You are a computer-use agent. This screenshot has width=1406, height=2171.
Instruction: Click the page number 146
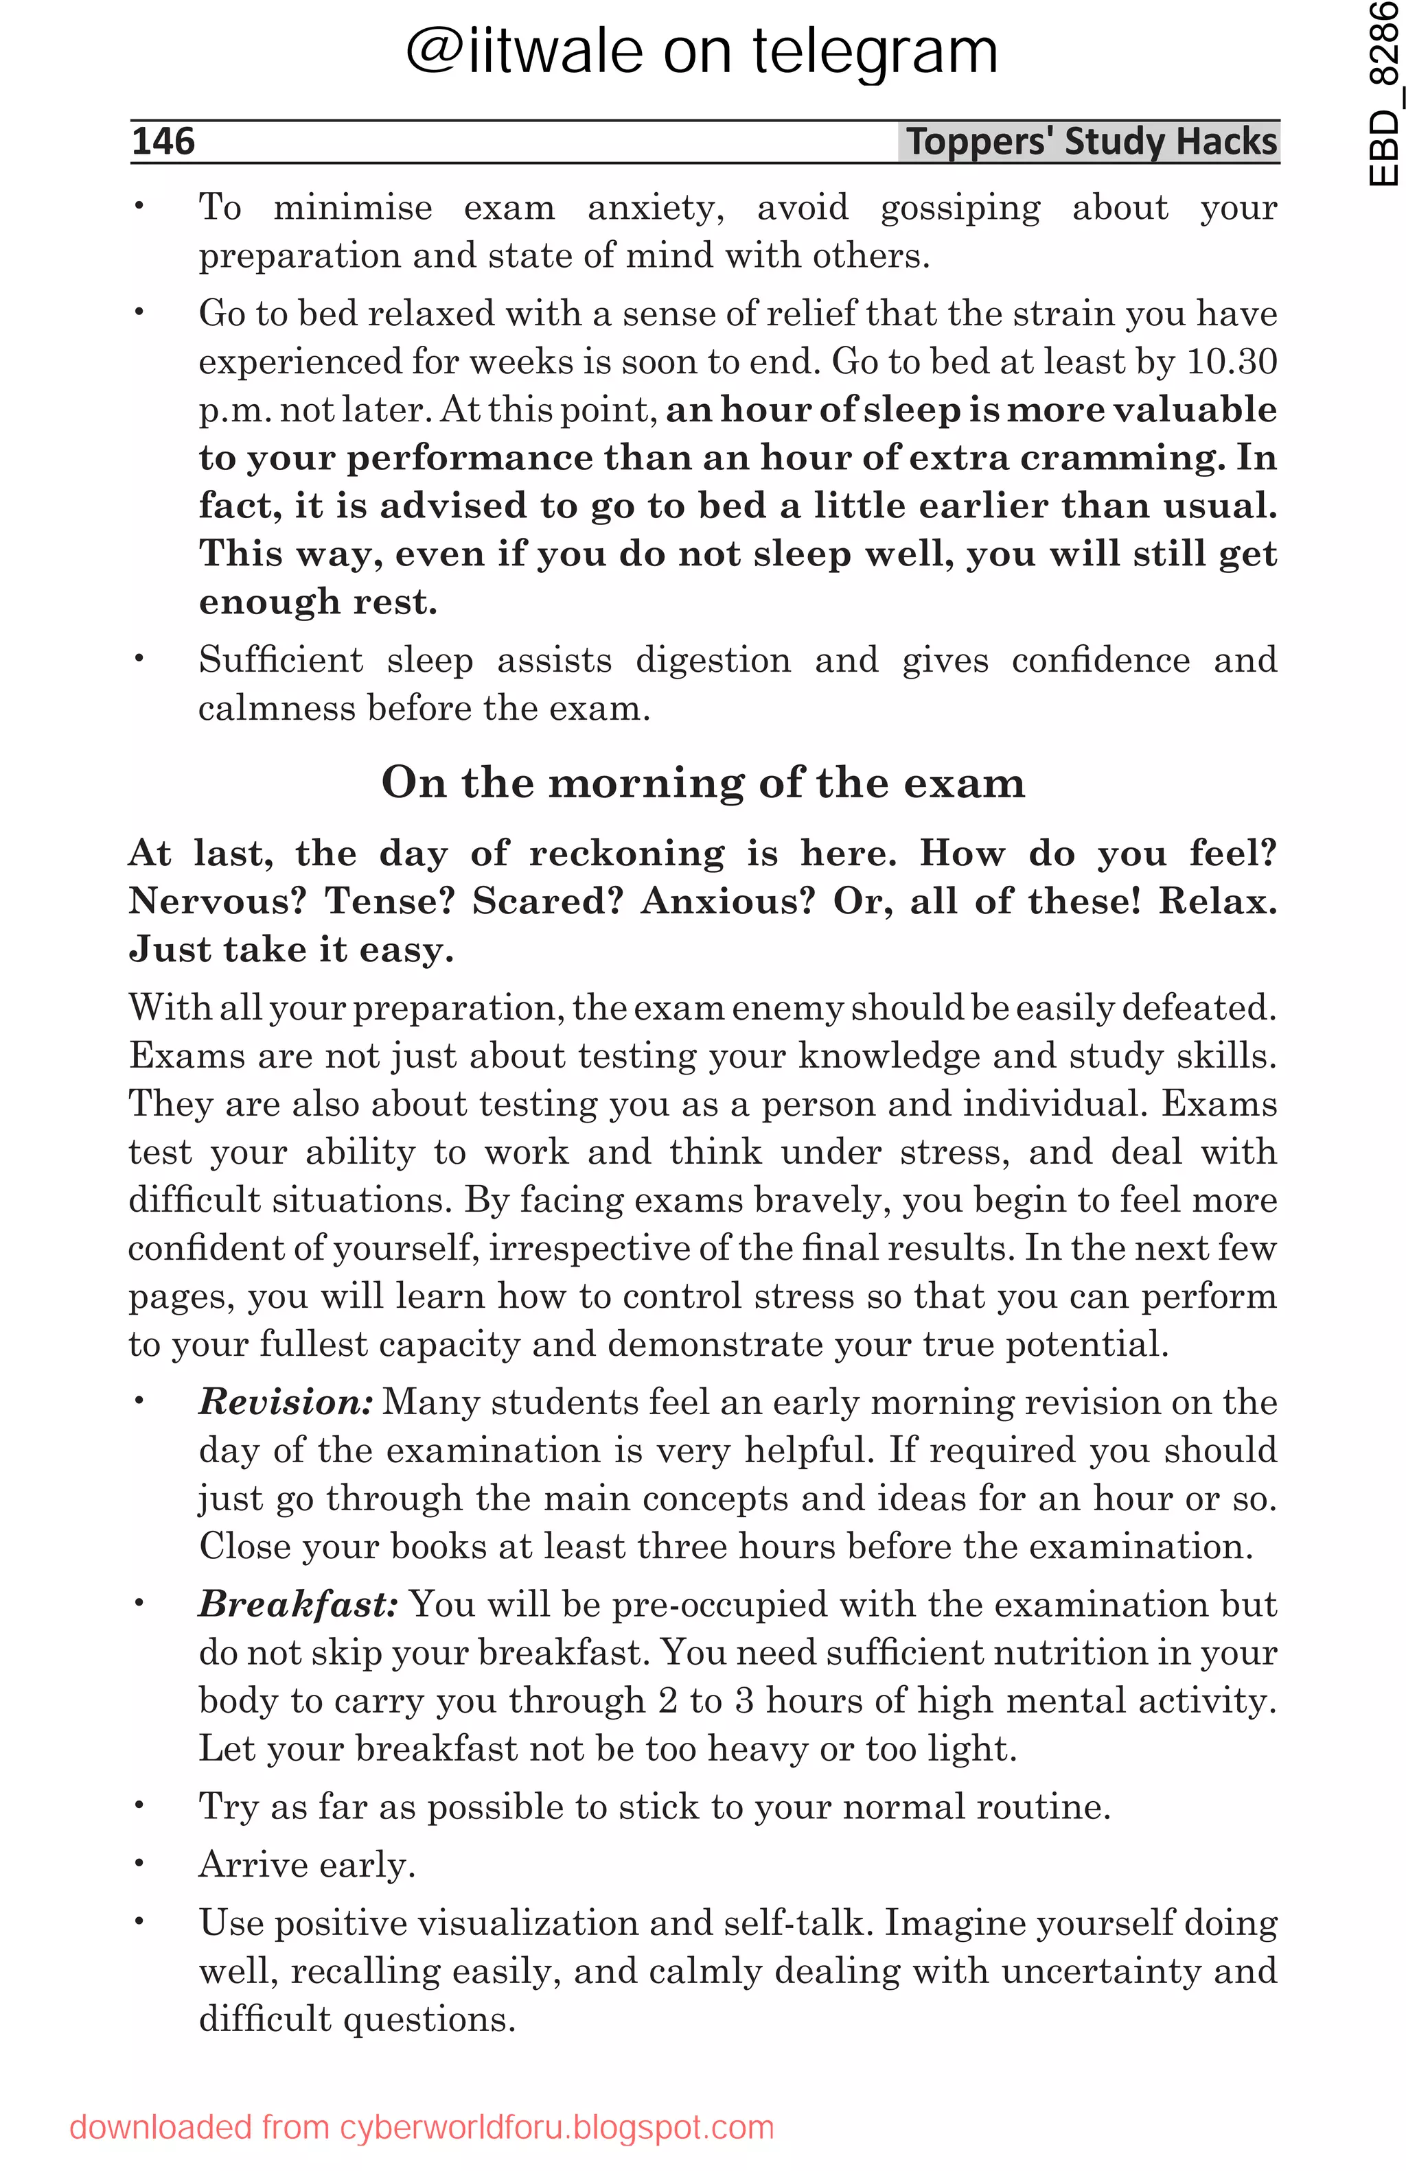coord(163,141)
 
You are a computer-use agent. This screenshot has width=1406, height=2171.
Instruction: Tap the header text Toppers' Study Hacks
coord(1090,142)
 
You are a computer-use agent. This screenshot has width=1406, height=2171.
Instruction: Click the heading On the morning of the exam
coord(702,783)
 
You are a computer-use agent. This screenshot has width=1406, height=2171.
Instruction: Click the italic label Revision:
coord(286,1402)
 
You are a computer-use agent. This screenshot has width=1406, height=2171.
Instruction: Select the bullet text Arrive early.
coord(307,1864)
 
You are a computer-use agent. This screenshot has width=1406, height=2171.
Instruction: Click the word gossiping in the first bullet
coord(959,209)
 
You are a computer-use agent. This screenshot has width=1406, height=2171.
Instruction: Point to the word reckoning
coord(626,853)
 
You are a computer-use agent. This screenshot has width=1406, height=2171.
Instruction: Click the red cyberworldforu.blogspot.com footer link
coord(557,2127)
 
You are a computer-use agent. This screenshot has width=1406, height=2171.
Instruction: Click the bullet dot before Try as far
coord(139,1806)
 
